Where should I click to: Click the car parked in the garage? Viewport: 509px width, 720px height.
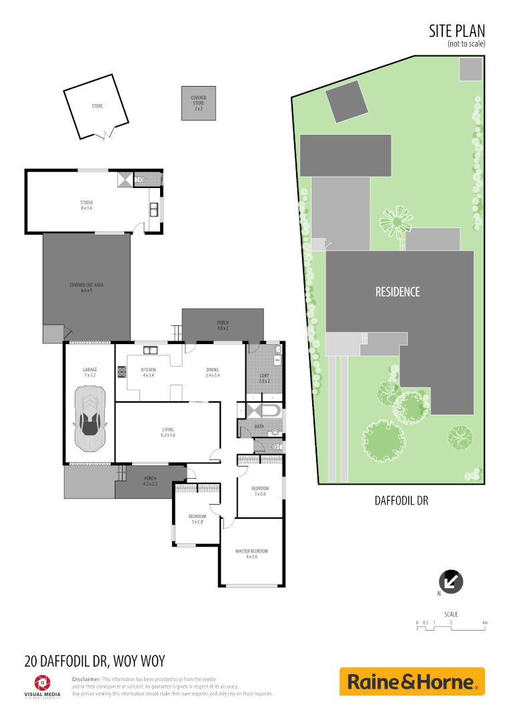point(89,418)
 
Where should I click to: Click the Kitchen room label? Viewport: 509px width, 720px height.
point(148,371)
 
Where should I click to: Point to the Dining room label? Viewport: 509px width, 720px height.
point(212,371)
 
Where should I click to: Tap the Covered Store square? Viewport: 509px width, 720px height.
point(199,103)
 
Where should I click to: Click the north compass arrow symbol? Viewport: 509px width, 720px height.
point(451,581)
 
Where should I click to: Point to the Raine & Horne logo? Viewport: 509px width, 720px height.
point(412,682)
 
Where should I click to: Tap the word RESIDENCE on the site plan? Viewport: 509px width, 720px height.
point(398,291)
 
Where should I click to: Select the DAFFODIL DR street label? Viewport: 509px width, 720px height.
point(400,500)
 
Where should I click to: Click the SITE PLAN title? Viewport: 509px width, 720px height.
point(457,31)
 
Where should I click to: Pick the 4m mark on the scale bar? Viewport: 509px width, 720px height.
point(485,623)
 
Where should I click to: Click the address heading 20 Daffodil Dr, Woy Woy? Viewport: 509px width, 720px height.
point(94,662)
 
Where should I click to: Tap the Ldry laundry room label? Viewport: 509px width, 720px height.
point(264,377)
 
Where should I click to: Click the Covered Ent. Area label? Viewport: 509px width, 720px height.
point(87,287)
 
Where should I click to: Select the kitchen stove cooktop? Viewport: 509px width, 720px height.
point(122,373)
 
